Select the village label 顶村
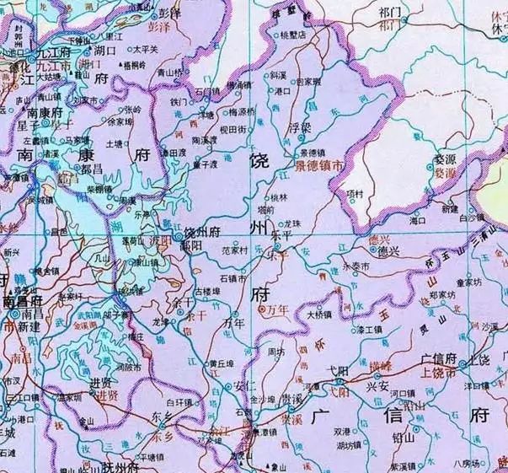coord(353,193)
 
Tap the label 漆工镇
coord(369,329)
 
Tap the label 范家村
coord(234,250)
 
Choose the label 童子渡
coord(205,165)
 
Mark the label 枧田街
coord(231,129)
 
